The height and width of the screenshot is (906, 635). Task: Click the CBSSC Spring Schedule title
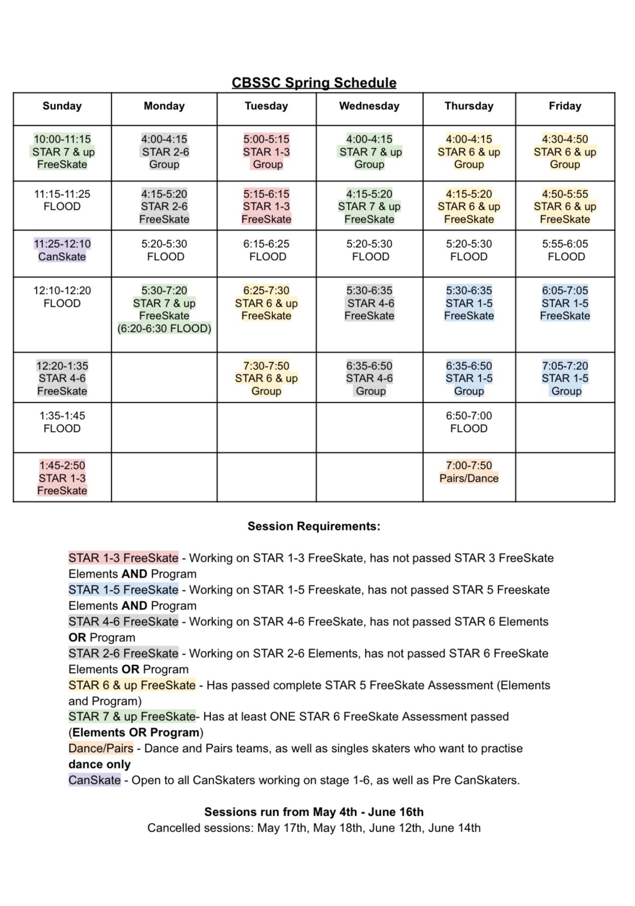[x=314, y=83]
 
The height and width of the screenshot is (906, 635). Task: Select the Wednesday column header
[x=369, y=106]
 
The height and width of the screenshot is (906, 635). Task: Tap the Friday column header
[x=565, y=106]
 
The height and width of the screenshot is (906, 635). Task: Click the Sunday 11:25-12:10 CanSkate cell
[x=62, y=250]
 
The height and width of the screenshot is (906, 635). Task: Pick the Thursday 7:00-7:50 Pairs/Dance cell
[x=468, y=472]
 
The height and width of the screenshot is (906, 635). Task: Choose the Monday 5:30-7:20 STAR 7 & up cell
[x=164, y=309]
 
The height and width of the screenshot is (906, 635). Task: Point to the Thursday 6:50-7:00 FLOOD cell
[x=468, y=422]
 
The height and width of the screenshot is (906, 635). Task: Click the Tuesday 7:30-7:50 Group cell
[x=266, y=379]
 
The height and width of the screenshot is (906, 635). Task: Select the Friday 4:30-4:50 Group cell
[x=565, y=152]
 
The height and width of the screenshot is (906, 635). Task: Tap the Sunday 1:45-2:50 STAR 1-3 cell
[x=62, y=478]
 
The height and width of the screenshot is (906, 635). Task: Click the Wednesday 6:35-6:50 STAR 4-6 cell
[x=369, y=379]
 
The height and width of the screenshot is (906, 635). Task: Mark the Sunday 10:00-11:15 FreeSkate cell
[x=62, y=152]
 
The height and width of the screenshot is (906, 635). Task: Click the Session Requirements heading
[x=314, y=526]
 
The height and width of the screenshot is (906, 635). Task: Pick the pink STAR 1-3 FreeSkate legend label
[x=124, y=558]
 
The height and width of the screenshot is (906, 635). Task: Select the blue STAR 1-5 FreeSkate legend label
[x=124, y=589]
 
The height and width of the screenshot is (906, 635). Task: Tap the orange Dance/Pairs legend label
[x=101, y=749]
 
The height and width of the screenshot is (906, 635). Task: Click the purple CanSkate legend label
[x=95, y=780]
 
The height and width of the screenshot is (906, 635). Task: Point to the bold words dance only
[x=99, y=764]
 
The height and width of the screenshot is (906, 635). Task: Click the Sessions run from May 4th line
[x=314, y=812]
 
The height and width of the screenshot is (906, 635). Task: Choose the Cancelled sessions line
[x=314, y=828]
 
